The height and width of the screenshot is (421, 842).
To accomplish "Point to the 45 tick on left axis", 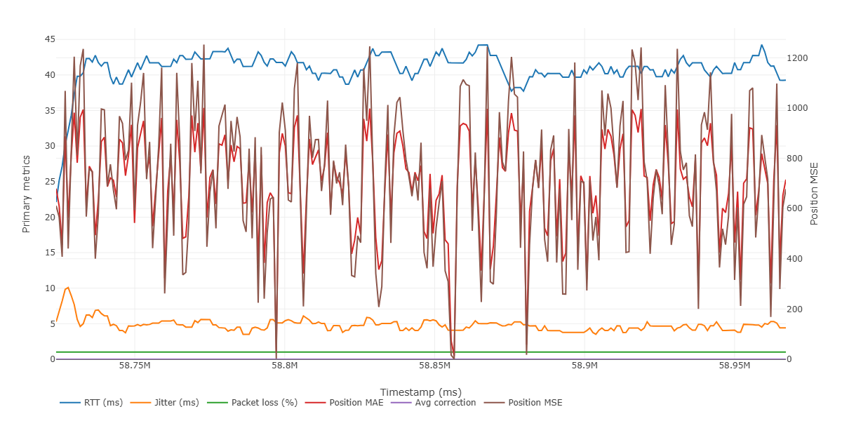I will (x=50, y=39).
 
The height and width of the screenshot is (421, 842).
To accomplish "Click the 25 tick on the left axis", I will (x=50, y=182).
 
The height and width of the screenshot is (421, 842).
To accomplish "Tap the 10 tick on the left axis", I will (x=50, y=288).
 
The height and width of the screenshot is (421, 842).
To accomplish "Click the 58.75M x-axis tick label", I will (x=135, y=366).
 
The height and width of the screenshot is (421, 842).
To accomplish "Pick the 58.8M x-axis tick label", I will (x=285, y=366).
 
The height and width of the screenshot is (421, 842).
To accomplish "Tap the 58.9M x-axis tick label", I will (x=584, y=366).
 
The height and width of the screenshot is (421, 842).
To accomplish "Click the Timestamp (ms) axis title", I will (x=420, y=392).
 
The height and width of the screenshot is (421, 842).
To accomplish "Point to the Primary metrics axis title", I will (x=27, y=194).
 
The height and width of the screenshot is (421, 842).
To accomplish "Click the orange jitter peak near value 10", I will (x=67, y=288).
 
